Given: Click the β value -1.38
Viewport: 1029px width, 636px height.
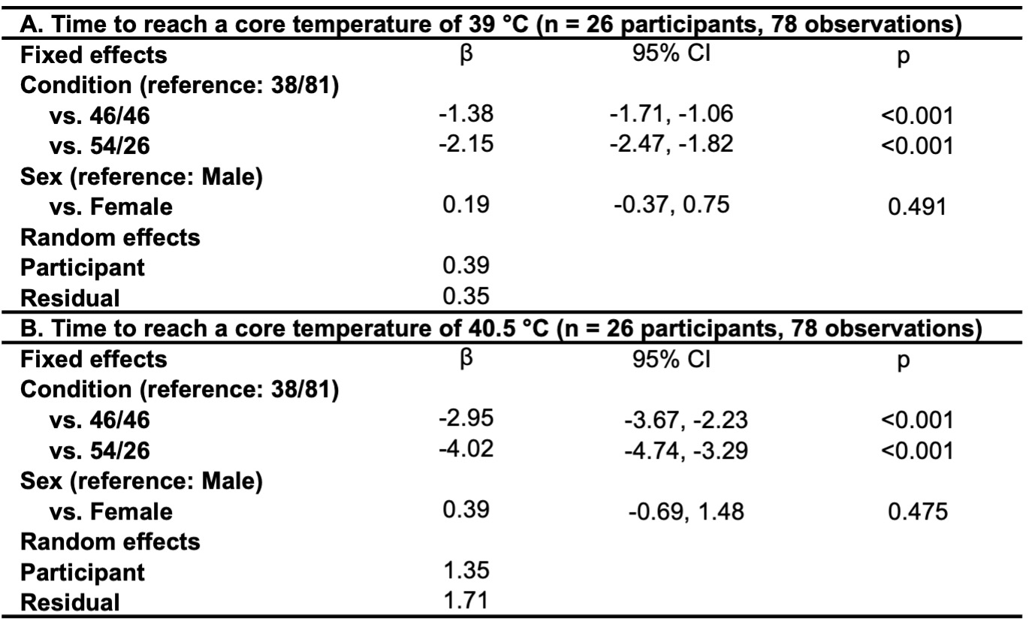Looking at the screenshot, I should pyautogui.click(x=466, y=114).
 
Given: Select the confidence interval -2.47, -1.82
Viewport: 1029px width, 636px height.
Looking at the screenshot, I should pyautogui.click(x=671, y=143).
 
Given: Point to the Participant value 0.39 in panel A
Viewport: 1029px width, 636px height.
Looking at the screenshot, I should pyautogui.click(x=466, y=266).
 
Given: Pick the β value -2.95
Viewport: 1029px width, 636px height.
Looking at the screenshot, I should pyautogui.click(x=466, y=419).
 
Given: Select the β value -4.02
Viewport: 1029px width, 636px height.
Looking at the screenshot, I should pyautogui.click(x=466, y=448).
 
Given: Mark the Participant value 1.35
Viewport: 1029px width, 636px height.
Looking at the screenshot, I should pyautogui.click(x=466, y=571).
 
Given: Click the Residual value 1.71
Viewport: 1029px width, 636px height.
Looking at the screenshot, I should pyautogui.click(x=466, y=600).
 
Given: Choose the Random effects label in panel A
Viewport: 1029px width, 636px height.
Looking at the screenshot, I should pyautogui.click(x=110, y=237).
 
